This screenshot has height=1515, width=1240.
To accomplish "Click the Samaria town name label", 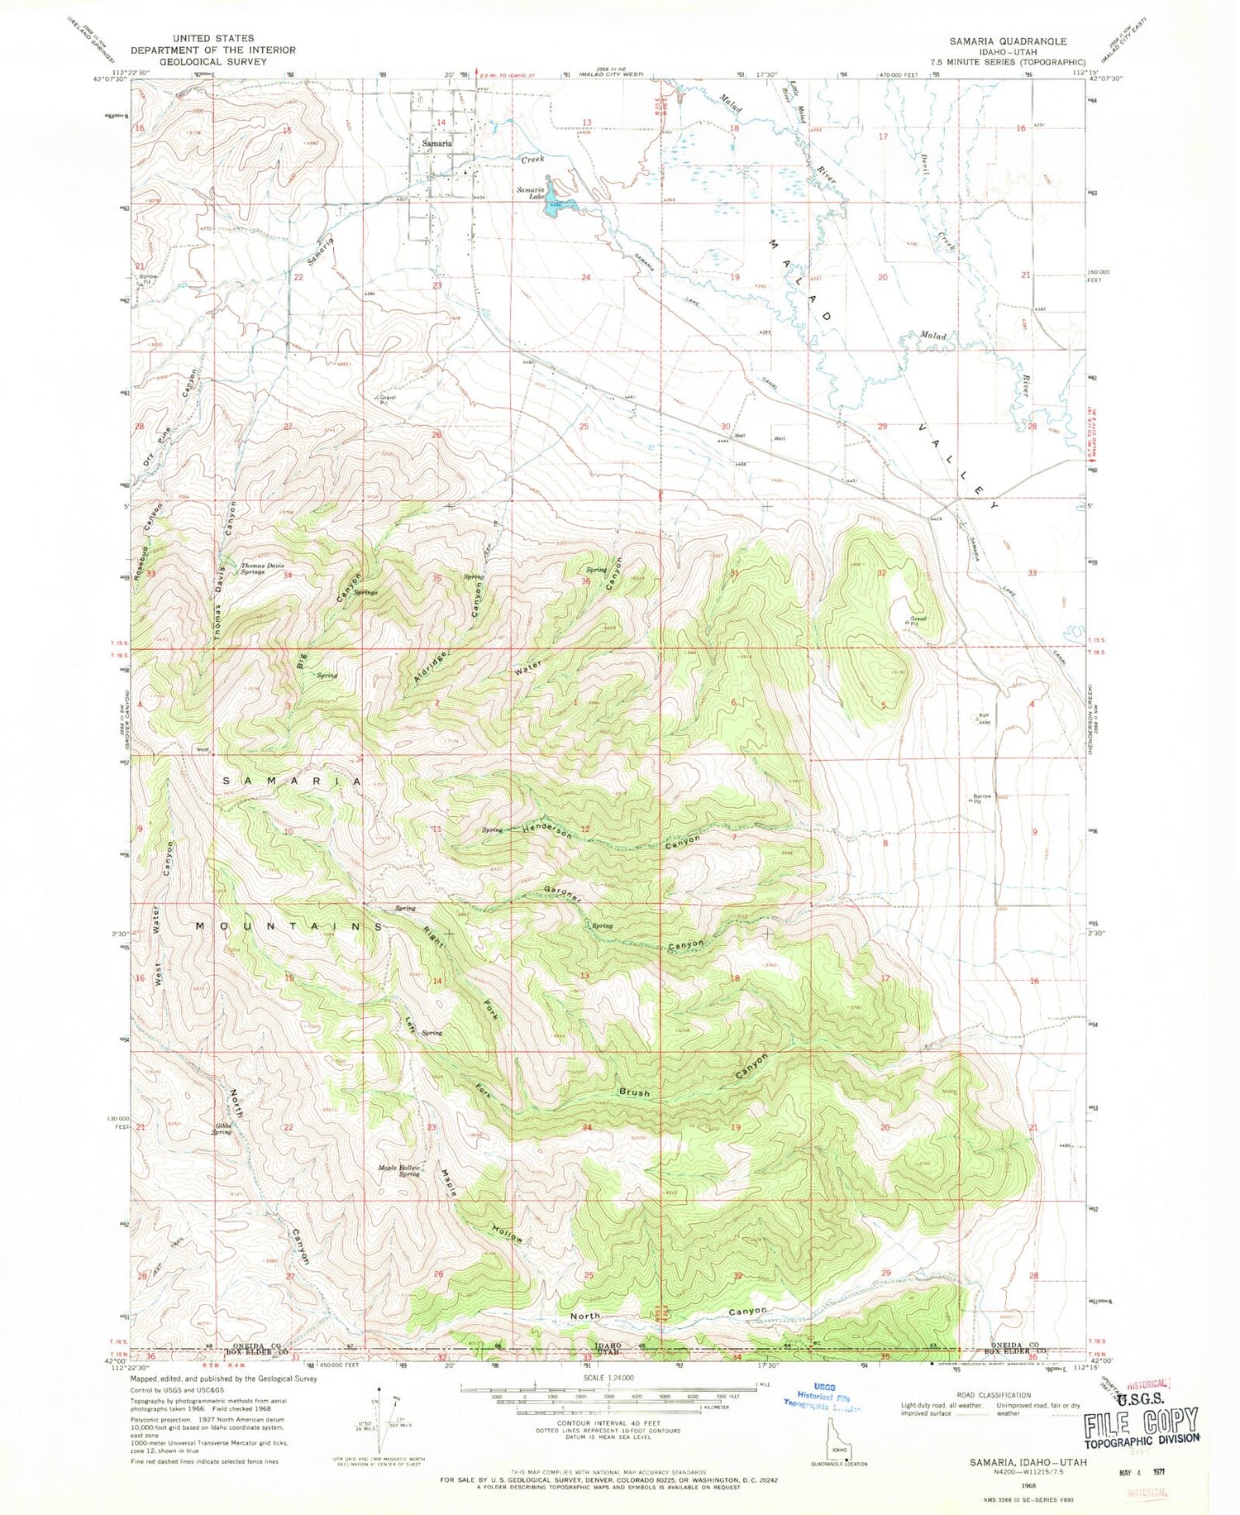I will pyautogui.click(x=436, y=143).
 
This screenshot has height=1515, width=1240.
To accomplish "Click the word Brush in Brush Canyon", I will pyautogui.click(x=634, y=1092).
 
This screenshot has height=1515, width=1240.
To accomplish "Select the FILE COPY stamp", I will pyautogui.click(x=1142, y=1422).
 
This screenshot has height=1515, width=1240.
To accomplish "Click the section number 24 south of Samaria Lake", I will pyautogui.click(x=585, y=277).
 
